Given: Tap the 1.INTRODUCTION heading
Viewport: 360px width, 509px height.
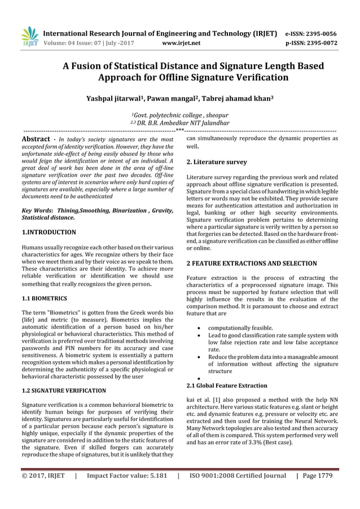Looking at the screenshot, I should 49,232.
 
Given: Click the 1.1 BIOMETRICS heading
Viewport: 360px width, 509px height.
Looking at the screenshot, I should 44,297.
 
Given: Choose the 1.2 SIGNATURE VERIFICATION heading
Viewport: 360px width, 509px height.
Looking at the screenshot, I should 63,390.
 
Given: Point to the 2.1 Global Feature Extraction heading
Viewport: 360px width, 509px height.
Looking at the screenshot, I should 227,385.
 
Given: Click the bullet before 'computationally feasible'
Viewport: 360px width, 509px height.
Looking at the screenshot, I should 195,328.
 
